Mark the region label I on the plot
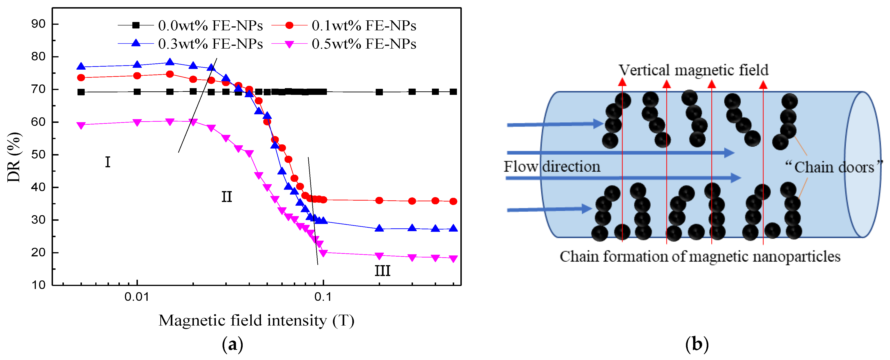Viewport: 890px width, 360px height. coord(108,162)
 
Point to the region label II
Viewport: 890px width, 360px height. coord(227,197)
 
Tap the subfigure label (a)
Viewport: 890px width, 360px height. coord(232,344)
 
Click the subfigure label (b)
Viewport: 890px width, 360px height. coord(697,344)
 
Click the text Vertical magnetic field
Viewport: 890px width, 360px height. coord(693,70)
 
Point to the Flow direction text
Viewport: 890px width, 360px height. coord(552,167)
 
